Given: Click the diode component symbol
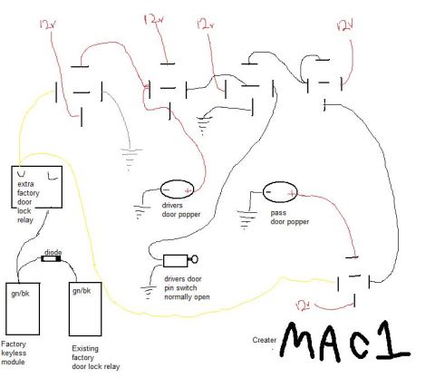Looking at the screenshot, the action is point(51,258).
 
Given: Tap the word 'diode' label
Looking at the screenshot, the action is point(53,252).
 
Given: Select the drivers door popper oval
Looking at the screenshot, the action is point(177,189).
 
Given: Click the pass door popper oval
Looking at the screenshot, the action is point(280,191).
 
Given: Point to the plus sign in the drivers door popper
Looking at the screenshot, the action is point(188,190).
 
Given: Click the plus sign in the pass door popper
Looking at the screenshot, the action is point(292,194).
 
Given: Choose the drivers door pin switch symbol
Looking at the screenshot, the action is point(180,260).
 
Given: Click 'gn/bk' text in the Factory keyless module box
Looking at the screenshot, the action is point(21,294).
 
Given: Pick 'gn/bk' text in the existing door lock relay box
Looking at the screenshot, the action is point(82,291).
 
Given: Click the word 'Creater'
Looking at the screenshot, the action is point(265,340).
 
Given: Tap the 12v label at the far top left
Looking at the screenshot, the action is point(48,24).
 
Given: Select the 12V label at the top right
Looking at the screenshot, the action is point(345,27).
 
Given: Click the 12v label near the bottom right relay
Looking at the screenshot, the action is point(304,305).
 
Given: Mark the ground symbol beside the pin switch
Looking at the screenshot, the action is point(148,292).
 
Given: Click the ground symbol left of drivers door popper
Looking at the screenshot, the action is point(141,212).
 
